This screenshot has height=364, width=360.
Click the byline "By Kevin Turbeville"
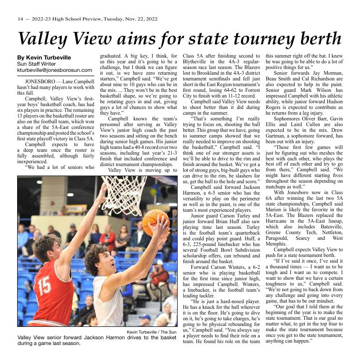coord(44,57)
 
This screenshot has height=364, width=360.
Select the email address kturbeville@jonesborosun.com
coord(54,70)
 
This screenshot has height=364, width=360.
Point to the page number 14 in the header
coord(20,19)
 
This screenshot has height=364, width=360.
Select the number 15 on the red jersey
coord(45,285)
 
